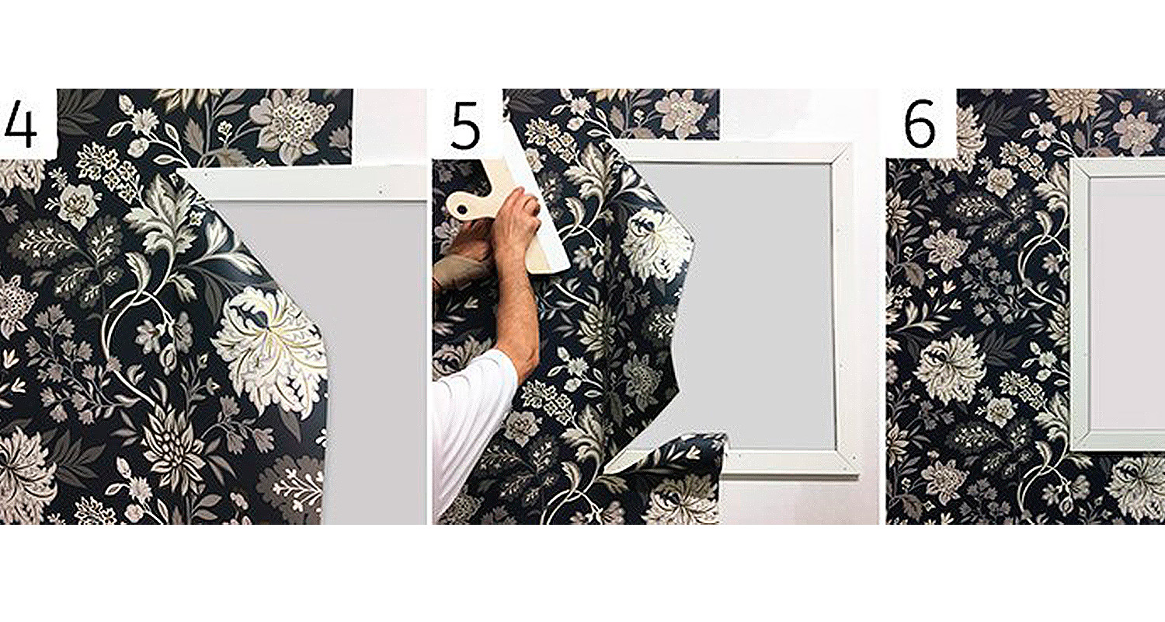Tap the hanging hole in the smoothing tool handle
tap(462, 208)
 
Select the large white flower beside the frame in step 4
tap(270, 346)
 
